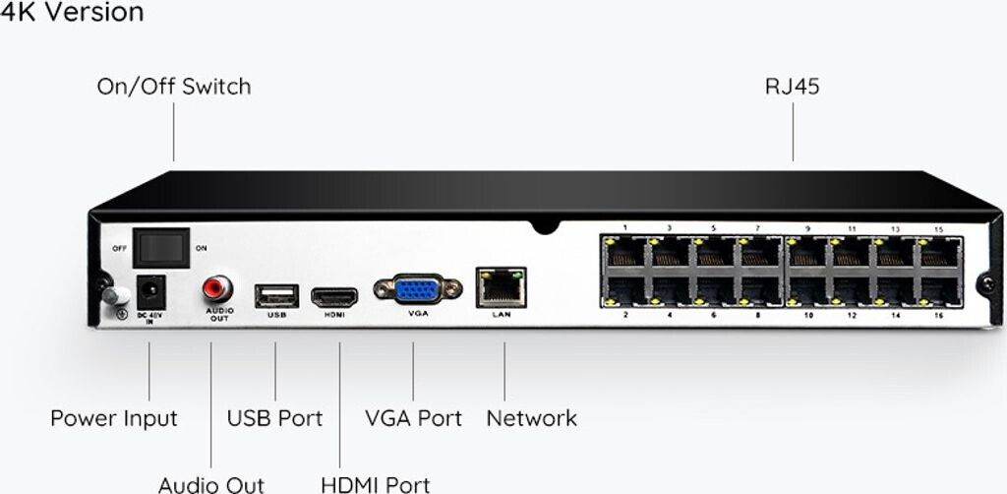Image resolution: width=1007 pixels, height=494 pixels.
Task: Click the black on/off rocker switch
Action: pyautogui.click(x=161, y=247)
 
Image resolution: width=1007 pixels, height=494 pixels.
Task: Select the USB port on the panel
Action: pyautogui.click(x=275, y=295)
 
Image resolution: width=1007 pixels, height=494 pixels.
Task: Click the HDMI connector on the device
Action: pyautogui.click(x=335, y=295)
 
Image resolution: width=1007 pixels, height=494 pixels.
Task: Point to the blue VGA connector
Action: pyautogui.click(x=417, y=289)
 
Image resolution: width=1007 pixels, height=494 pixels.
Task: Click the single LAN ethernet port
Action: pyautogui.click(x=501, y=286)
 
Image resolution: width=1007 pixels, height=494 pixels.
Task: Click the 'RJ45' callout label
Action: pyautogui.click(x=793, y=87)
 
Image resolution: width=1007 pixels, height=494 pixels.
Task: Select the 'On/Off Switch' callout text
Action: pyautogui.click(x=173, y=87)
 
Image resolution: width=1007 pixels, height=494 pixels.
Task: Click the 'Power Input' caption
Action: pyautogui.click(x=114, y=418)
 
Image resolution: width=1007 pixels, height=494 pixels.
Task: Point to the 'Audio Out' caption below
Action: pyautogui.click(x=211, y=484)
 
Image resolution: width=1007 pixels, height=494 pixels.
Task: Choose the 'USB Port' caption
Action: pyautogui.click(x=274, y=418)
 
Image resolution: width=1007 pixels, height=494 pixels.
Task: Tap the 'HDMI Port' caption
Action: pyautogui.click(x=375, y=484)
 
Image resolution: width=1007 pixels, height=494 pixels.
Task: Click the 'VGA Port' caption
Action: pyautogui.click(x=413, y=418)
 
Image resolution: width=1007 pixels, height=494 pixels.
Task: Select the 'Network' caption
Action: pyautogui.click(x=531, y=418)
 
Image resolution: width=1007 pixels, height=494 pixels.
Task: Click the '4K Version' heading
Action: pyautogui.click(x=72, y=13)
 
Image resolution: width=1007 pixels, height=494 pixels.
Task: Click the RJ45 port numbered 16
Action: pyautogui.click(x=939, y=291)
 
